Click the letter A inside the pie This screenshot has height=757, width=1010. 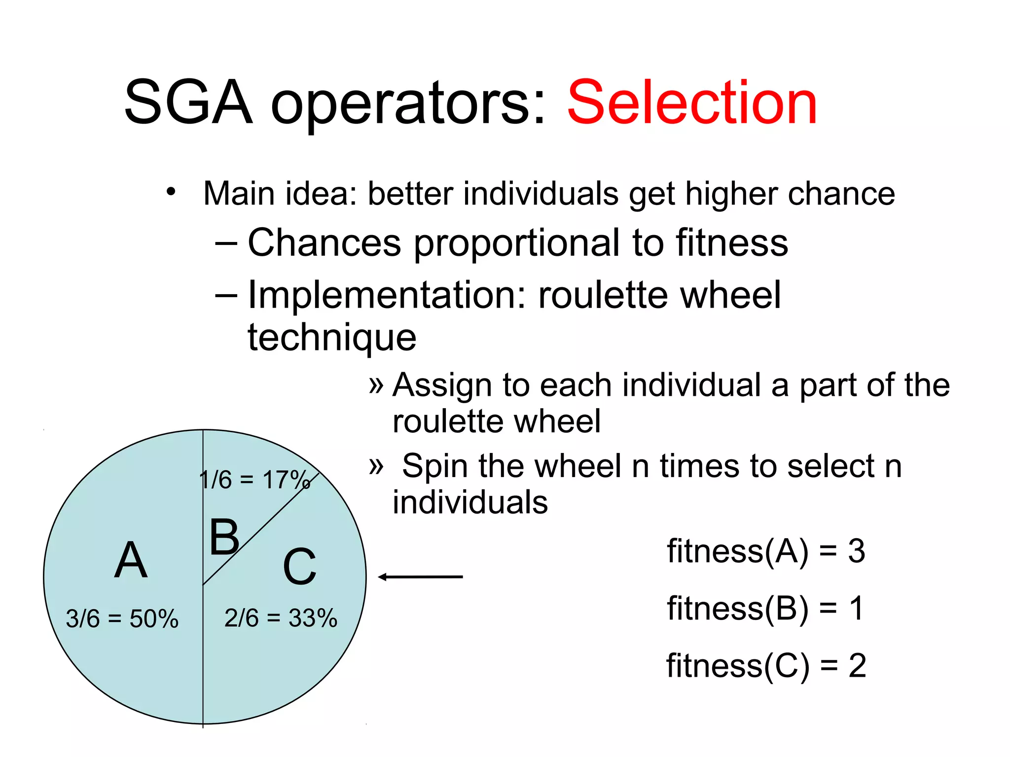pyautogui.click(x=131, y=560)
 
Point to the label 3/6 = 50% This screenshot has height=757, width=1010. pyautogui.click(x=122, y=619)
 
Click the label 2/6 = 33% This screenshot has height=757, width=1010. pyautogui.click(x=281, y=618)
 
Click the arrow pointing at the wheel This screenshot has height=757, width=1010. pyautogui.click(x=420, y=577)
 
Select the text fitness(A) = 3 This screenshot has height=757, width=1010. pyautogui.click(x=765, y=551)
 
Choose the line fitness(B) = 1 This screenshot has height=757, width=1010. pyautogui.click(x=765, y=608)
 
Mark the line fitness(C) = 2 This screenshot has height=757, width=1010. pyautogui.click(x=766, y=666)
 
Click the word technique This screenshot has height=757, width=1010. pyautogui.click(x=332, y=338)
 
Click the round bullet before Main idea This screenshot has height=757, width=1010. pyautogui.click(x=171, y=192)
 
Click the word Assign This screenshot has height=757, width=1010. pyautogui.click(x=442, y=385)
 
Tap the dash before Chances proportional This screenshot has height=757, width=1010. pyautogui.click(x=226, y=243)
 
